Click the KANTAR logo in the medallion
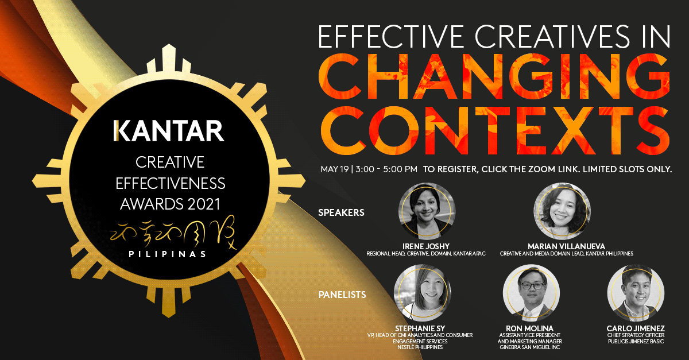169,131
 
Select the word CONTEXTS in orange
495,130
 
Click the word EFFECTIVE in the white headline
390,37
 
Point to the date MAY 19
334,169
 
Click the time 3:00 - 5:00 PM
386,169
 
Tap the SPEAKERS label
341,212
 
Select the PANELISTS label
342,295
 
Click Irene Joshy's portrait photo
427,211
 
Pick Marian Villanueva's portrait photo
562,211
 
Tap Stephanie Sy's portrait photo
423,293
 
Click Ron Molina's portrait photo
531,293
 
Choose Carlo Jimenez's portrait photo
636,293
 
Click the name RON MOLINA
529,328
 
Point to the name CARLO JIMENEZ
636,328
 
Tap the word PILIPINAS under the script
167,254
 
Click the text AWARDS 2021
170,204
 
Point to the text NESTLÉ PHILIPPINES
420,347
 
